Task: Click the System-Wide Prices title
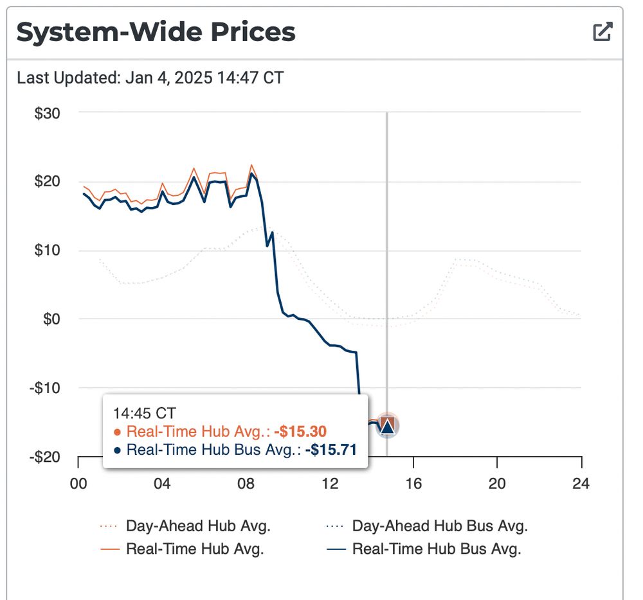click(156, 32)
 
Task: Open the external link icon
click(602, 31)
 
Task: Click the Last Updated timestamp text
click(150, 78)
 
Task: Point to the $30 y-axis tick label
click(47, 113)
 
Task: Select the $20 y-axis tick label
click(47, 182)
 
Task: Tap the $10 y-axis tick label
click(47, 251)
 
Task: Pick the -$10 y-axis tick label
click(45, 388)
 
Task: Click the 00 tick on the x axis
click(78, 484)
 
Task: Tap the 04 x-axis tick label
click(162, 484)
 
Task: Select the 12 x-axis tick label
click(330, 484)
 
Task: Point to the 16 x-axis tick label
click(413, 484)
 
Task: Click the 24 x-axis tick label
click(581, 484)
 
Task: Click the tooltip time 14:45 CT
click(145, 413)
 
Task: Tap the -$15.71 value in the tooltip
click(331, 450)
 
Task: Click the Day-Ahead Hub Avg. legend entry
click(197, 526)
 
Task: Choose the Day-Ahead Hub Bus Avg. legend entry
click(439, 526)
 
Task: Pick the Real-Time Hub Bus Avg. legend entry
click(436, 549)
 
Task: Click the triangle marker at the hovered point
click(387, 425)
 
